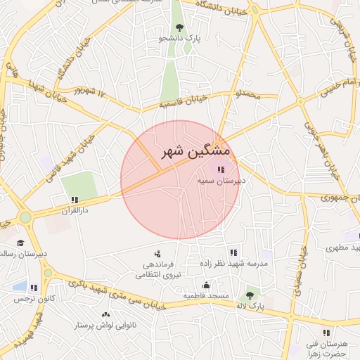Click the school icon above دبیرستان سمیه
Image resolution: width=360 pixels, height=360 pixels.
221,169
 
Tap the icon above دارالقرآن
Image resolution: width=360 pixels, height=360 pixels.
74,200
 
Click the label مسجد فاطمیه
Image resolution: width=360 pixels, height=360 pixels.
206,296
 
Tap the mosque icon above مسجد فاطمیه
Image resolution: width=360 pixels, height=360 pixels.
206,285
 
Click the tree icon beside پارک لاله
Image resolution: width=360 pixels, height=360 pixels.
249,297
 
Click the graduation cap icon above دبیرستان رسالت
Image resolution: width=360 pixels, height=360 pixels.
19,243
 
